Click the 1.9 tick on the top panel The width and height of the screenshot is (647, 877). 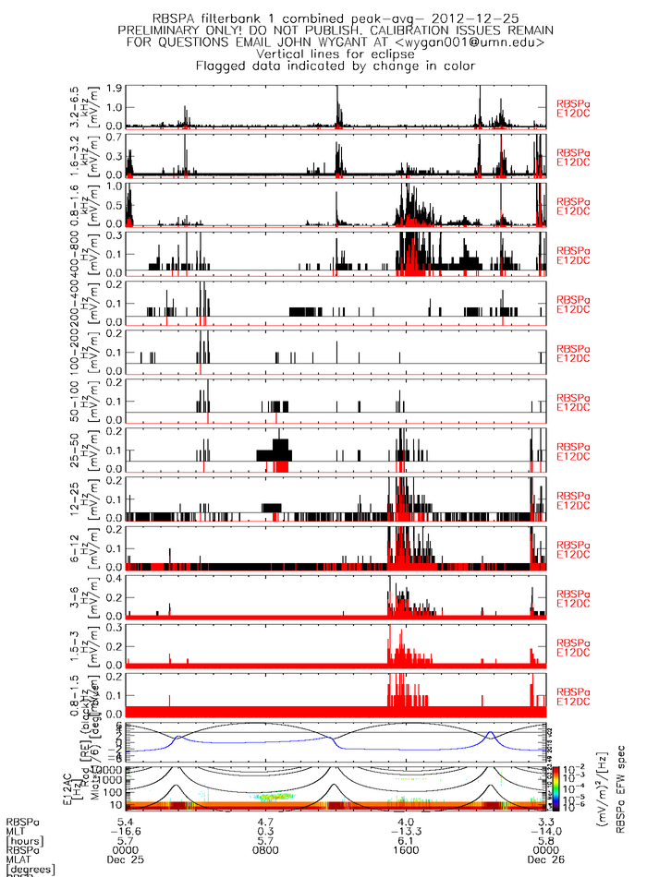[116, 89]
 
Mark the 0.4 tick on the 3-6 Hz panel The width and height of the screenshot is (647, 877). [116, 578]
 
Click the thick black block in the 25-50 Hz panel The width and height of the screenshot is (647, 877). [275, 452]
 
